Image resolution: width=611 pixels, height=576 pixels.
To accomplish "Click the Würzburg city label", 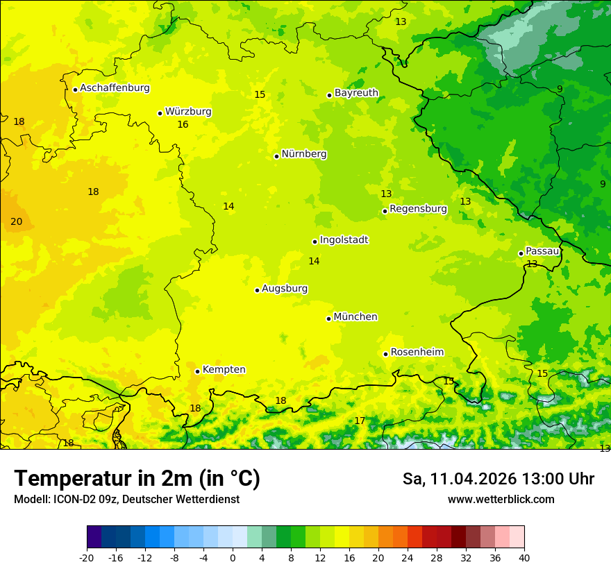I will coord(188,112).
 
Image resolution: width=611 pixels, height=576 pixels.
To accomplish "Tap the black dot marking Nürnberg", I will coord(276,156).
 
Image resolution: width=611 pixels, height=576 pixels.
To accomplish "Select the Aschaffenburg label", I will coord(115,88).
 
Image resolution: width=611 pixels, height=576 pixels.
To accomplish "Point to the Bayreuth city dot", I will coord(329,95).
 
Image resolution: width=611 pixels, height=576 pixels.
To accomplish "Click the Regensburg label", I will coord(418,209).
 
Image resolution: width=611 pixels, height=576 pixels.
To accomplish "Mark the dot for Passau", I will coord(521,253).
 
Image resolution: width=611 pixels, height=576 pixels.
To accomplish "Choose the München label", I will coord(355,317).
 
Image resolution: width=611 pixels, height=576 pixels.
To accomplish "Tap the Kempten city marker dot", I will coord(197,371).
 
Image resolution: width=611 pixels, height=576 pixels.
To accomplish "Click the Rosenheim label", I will coord(417,353).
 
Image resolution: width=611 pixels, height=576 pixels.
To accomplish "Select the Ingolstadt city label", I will coord(344,240).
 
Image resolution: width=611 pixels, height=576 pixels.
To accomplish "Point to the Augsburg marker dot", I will coord(257,290).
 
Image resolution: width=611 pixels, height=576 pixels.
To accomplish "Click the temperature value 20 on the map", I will coord(17,221).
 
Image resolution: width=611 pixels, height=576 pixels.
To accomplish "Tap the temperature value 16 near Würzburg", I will coord(183,125).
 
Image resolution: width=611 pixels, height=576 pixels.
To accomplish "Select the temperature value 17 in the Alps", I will coord(360,421).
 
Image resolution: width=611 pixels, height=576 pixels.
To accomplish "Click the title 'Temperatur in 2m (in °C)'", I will coord(137,479).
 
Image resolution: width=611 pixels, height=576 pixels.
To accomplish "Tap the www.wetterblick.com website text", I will coord(501,500).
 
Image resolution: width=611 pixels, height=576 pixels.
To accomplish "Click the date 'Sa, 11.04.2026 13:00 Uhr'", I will coord(498,479).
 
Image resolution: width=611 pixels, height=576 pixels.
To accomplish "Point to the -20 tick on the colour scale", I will coord(87,557).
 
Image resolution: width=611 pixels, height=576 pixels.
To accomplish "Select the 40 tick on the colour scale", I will coord(524,557).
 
